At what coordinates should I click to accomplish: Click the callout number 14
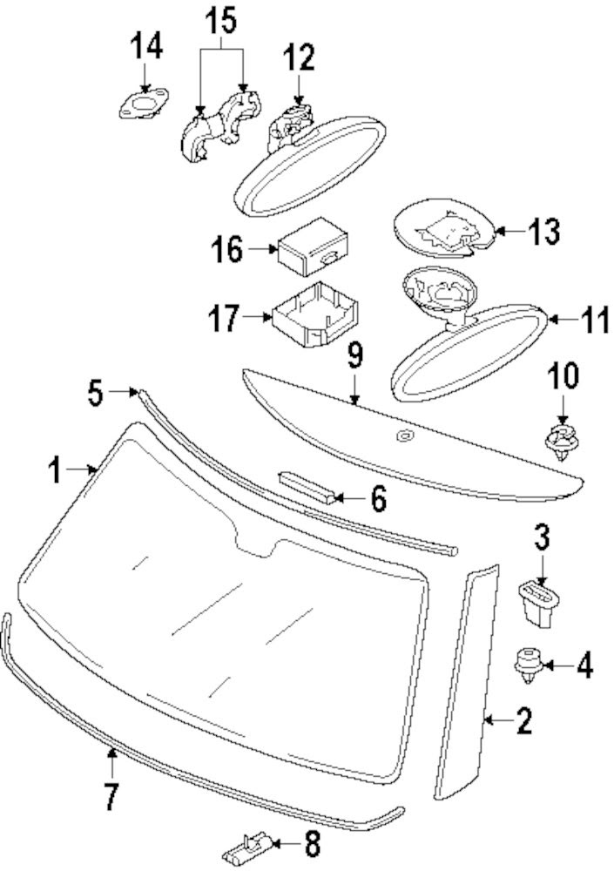(x=146, y=46)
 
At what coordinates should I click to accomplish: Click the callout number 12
(x=298, y=59)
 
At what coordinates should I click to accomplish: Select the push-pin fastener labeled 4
(x=527, y=664)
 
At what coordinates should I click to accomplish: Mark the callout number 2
(x=523, y=721)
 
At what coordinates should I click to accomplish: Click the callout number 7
(x=111, y=793)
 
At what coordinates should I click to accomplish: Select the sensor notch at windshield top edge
(x=259, y=547)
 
